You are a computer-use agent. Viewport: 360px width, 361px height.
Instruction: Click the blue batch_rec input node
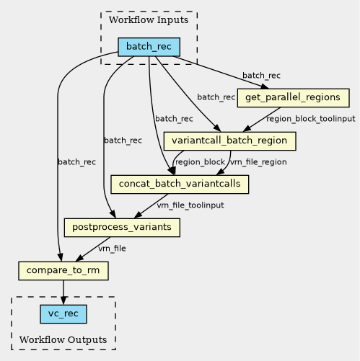(x=149, y=47)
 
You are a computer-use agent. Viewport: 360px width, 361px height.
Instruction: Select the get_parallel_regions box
(x=293, y=98)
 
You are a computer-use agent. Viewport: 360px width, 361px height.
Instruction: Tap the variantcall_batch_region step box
(x=229, y=141)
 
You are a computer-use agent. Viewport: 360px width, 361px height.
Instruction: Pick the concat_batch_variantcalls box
(x=180, y=184)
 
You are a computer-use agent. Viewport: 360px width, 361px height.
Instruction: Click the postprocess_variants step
(x=122, y=228)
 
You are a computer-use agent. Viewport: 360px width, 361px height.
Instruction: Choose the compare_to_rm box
(x=63, y=271)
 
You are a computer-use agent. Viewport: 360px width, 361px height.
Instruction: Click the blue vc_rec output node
(x=63, y=314)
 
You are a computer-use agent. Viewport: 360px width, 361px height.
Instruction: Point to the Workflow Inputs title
(x=149, y=19)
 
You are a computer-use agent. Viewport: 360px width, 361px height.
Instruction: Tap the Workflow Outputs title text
(x=63, y=339)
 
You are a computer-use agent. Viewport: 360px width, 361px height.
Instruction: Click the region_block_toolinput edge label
(x=311, y=119)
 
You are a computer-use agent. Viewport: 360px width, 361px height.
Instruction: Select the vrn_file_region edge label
(x=258, y=162)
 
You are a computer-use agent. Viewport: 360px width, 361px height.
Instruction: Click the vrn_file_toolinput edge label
(x=190, y=205)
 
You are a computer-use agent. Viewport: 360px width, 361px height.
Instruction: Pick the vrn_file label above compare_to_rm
(x=112, y=249)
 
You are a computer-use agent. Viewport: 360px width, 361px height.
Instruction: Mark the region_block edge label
(x=200, y=162)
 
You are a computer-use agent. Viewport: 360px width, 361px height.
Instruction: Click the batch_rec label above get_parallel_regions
(x=261, y=76)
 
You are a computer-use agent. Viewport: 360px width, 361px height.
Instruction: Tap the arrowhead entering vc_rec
(x=63, y=300)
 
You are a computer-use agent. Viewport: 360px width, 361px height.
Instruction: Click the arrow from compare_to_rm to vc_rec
(x=63, y=293)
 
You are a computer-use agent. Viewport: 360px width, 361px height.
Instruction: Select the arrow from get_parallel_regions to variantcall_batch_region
(x=262, y=120)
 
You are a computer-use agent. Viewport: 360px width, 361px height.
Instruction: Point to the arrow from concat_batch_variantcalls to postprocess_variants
(x=151, y=206)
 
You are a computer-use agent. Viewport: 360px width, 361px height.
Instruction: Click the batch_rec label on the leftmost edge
(x=76, y=162)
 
